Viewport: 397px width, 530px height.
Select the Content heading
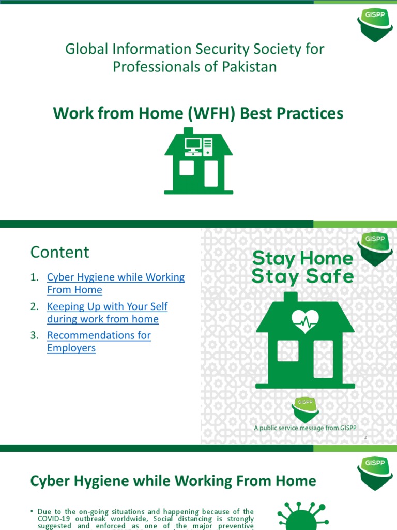[x=60, y=252]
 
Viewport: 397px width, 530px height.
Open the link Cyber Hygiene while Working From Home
[x=115, y=283]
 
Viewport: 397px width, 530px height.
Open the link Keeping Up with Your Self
[x=107, y=306]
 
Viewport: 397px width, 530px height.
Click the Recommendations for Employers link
[x=98, y=341]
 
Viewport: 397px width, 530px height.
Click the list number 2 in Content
[x=34, y=306]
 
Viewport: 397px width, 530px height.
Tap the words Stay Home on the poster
[x=302, y=258]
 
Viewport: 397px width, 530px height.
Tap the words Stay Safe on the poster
[x=302, y=277]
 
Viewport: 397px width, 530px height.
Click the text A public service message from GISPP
[x=304, y=428]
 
